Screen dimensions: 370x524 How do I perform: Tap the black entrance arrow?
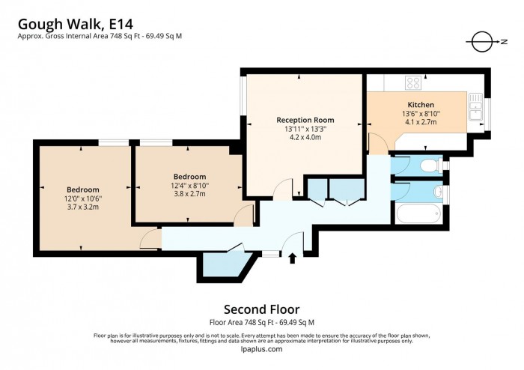(293, 258)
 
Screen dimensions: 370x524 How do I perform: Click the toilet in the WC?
(430, 165)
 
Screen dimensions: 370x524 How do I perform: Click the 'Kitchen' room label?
(420, 104)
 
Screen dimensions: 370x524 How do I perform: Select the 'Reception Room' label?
(305, 120)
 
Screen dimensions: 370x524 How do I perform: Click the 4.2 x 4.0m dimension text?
(305, 138)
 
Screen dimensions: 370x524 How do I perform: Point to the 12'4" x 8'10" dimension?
(189, 186)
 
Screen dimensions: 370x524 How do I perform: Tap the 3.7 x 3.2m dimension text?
(82, 207)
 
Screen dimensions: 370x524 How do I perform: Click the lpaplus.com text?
(262, 349)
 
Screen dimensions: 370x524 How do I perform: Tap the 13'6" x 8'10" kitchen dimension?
(420, 113)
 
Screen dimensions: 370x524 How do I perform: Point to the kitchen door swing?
(380, 145)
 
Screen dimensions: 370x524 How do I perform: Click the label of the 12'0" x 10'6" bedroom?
(82, 189)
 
